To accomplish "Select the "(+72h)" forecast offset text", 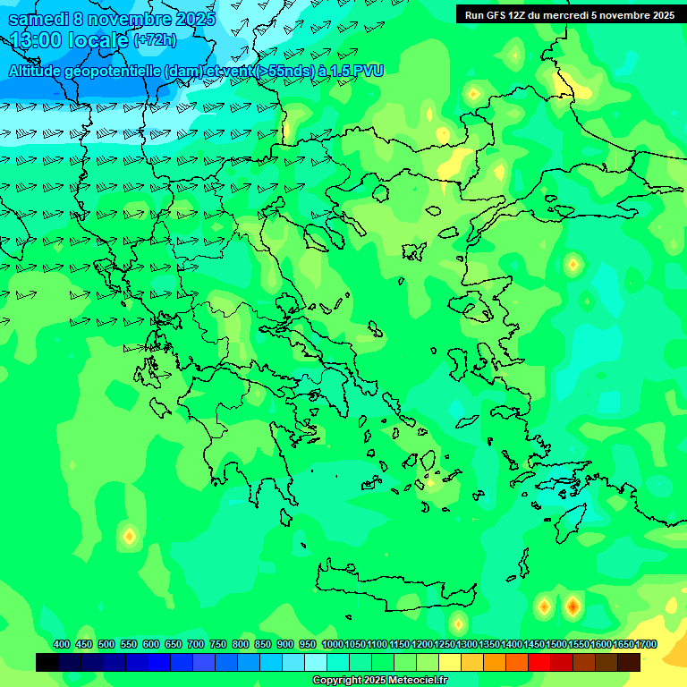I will (155, 40).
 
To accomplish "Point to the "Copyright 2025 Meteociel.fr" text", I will (379, 681).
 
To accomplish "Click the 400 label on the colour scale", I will (62, 645).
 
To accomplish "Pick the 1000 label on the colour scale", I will (332, 645).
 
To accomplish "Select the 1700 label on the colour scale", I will (646, 645).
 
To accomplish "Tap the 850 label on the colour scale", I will (263, 645).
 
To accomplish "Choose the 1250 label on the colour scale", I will (445, 645).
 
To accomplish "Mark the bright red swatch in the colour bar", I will (539, 663).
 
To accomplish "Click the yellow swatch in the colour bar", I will (450, 663).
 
